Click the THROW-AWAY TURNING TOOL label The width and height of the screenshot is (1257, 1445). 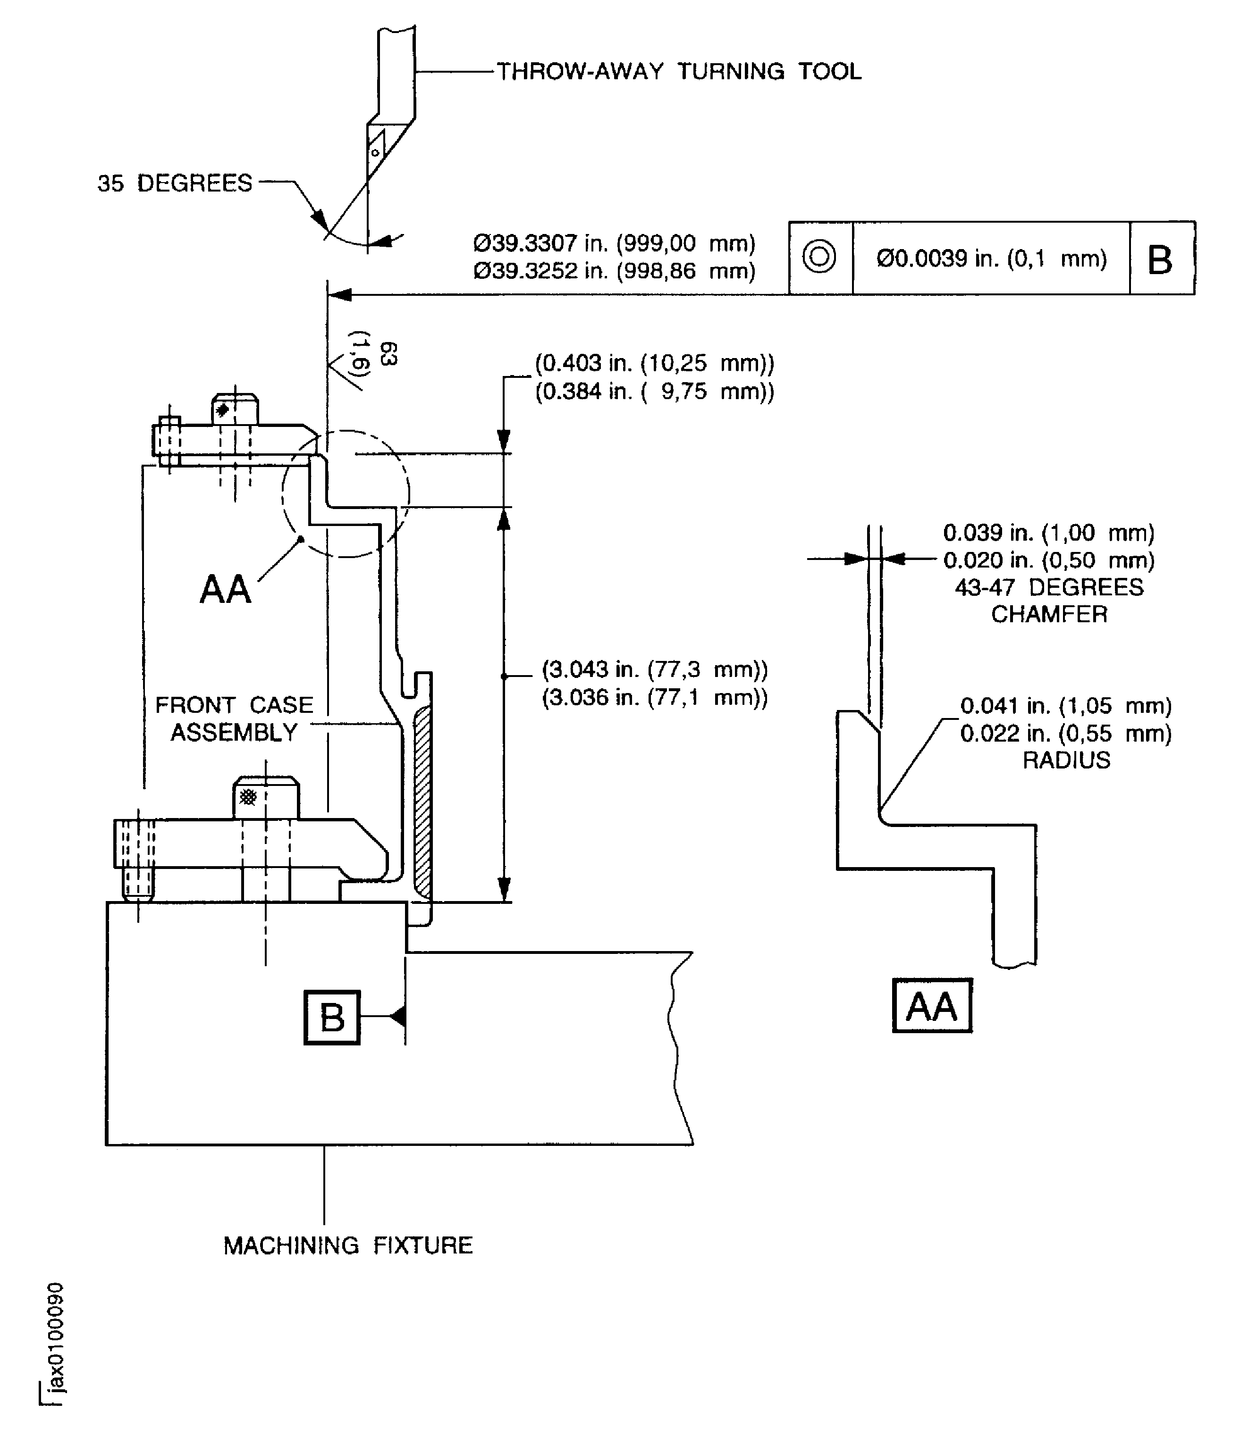click(678, 72)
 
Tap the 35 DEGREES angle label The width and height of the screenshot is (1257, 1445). click(175, 184)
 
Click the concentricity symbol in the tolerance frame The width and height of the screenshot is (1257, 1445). click(819, 257)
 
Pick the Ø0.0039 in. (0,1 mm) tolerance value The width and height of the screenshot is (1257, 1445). click(991, 259)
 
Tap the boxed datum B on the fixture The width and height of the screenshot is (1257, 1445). click(332, 1017)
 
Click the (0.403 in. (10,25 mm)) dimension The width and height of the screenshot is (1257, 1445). click(654, 363)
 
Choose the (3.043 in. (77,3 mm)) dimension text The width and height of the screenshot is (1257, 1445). click(654, 669)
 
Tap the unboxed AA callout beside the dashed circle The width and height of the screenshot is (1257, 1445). click(225, 589)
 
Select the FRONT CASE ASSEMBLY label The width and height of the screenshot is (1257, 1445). click(234, 718)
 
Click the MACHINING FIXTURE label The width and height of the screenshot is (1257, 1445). click(348, 1245)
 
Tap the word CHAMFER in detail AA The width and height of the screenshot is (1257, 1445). click(1049, 614)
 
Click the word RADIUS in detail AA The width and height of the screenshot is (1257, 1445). click(1066, 760)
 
